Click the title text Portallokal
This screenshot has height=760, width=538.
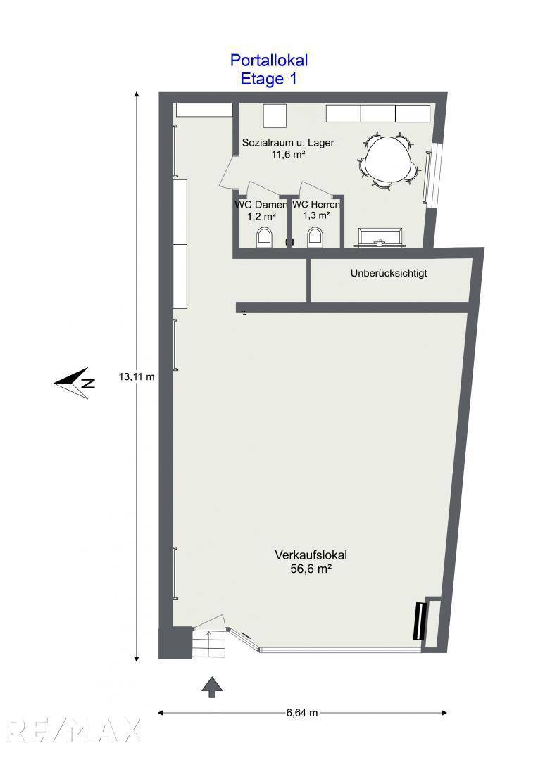point(269,61)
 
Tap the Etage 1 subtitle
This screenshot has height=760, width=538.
point(269,79)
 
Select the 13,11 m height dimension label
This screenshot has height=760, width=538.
point(136,376)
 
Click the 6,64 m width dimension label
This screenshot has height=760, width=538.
point(302,713)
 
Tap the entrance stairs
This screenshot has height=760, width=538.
point(209,641)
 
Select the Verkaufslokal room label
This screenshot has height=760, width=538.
point(311,555)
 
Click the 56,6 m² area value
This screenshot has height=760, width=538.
point(311,570)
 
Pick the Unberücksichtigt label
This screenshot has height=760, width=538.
point(389,273)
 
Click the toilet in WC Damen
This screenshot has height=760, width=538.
point(265,237)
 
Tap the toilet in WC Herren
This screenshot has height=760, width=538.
point(316,237)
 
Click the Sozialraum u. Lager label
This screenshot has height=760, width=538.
point(288,142)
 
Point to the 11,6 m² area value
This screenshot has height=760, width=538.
point(288,155)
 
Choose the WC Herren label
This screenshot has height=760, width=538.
point(316,205)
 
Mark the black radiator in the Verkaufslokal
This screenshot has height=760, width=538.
point(420,621)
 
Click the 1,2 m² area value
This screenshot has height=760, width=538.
point(261,217)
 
